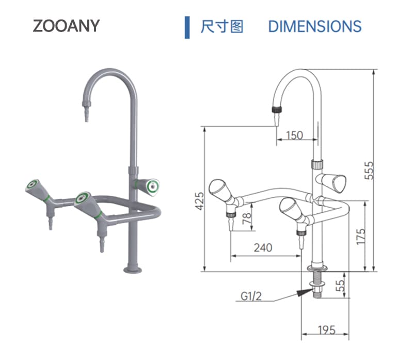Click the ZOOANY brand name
tap(66, 26)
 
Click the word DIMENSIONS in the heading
tap(314, 26)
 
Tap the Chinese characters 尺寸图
tap(221, 26)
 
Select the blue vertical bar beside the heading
tap(187, 27)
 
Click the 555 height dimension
tap(369, 170)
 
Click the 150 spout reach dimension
tap(294, 135)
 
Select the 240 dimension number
tap(263, 248)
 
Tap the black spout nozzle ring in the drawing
tap(278, 110)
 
